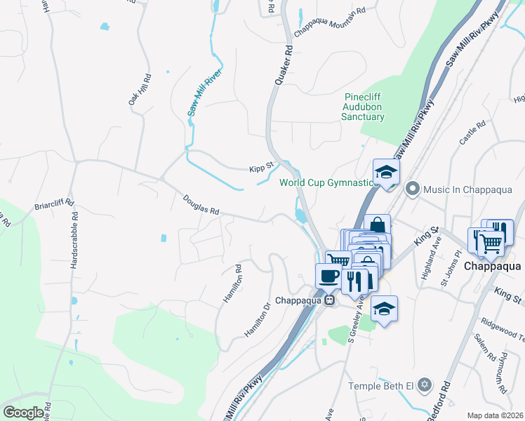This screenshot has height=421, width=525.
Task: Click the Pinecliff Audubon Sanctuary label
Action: click(x=363, y=107)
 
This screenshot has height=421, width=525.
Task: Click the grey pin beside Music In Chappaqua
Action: click(x=412, y=188)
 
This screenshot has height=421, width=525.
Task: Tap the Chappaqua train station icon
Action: click(x=328, y=300)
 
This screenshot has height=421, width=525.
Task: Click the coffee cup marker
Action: click(x=328, y=274)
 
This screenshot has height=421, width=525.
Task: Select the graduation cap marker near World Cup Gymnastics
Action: click(x=385, y=171)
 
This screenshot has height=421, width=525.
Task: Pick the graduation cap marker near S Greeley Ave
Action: click(x=384, y=308)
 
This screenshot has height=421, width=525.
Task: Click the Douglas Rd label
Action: click(x=201, y=205)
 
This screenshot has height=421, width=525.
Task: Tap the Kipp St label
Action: click(x=261, y=169)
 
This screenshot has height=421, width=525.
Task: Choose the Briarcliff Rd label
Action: click(x=54, y=205)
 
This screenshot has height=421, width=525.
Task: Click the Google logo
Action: click(x=23, y=413)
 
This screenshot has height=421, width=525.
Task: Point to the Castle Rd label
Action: click(x=472, y=133)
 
